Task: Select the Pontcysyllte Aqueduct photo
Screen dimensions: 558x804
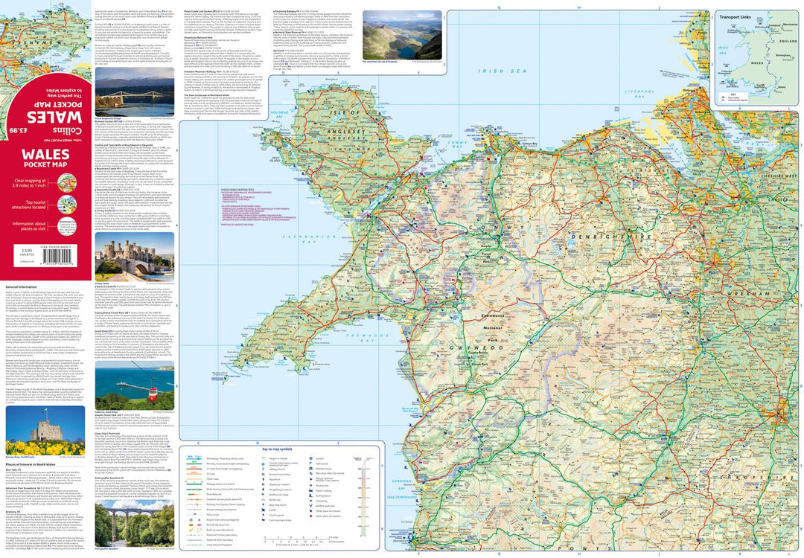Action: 134,525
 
